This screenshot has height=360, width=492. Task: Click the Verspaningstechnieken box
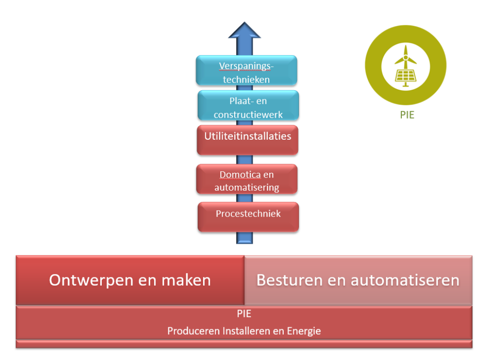[x=246, y=71]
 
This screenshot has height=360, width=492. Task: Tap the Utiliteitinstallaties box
[x=247, y=140]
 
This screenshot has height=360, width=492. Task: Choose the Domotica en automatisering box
[x=247, y=179]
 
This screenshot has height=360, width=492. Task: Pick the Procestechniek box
[x=248, y=216]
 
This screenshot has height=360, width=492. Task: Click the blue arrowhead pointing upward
[x=244, y=31]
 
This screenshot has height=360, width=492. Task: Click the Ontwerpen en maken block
[x=130, y=280]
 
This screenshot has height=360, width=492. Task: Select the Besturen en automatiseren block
[x=358, y=280]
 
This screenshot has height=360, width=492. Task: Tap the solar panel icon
[x=406, y=75]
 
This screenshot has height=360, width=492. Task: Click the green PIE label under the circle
[x=407, y=115]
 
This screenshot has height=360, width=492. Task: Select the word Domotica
[x=240, y=175]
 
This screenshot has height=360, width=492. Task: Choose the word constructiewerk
[x=248, y=115]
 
